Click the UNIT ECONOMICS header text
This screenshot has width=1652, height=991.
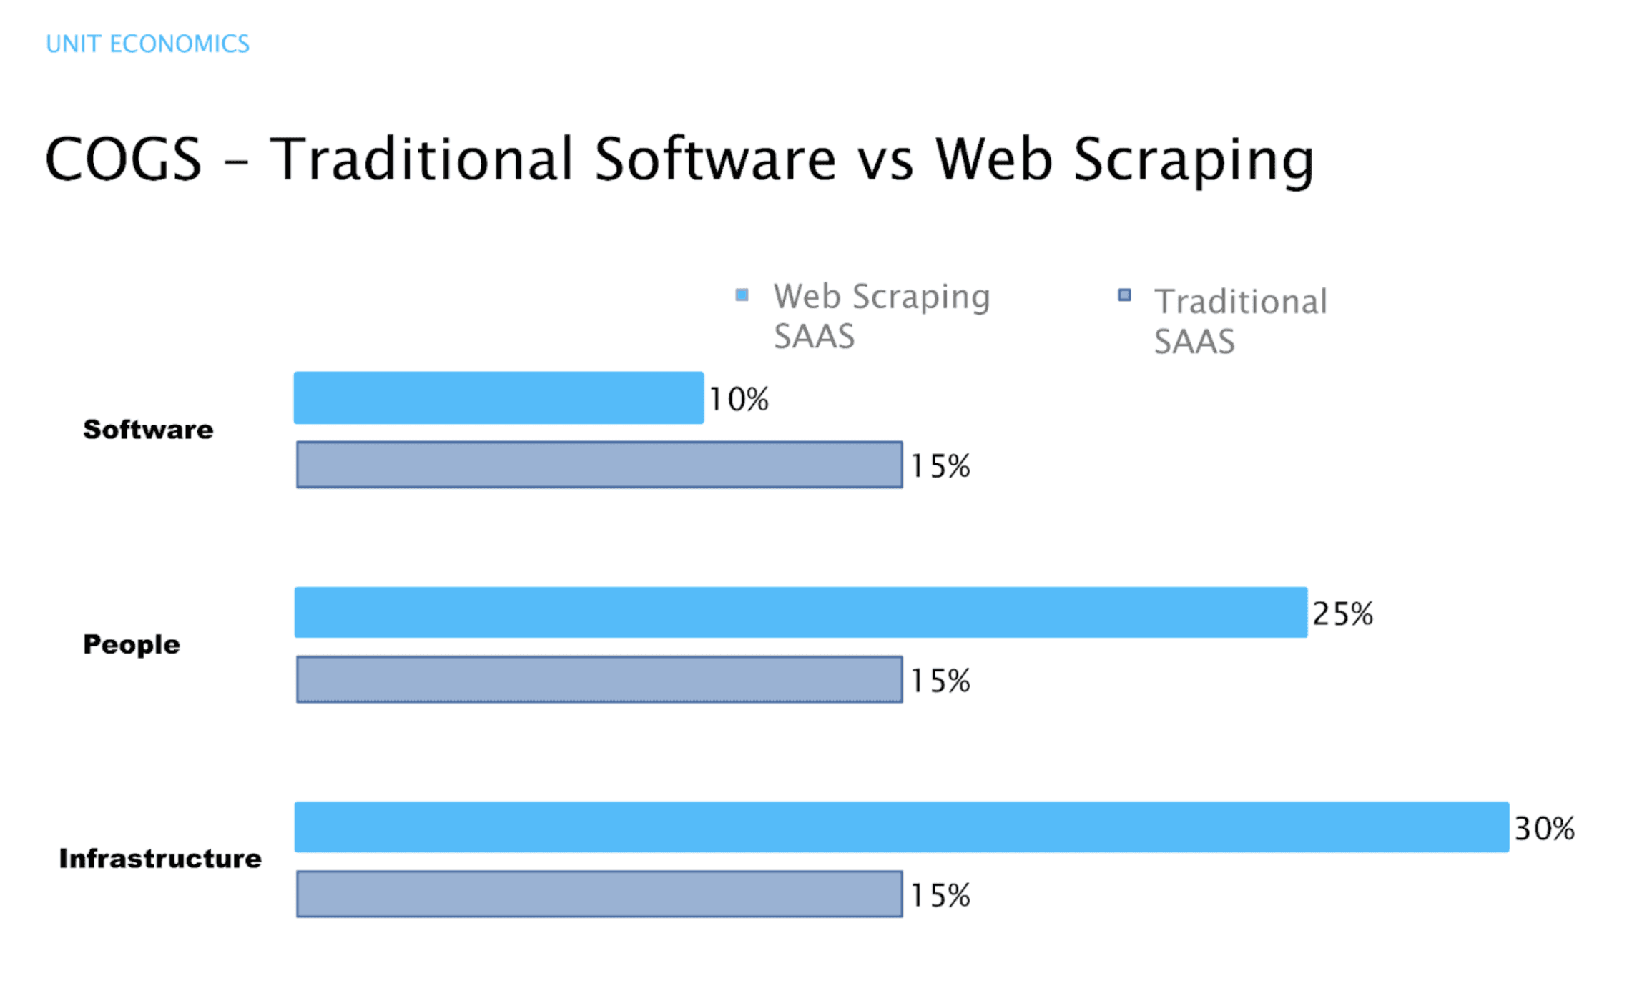tap(147, 44)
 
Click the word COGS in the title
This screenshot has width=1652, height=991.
tap(123, 159)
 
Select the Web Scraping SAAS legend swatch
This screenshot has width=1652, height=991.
tap(742, 295)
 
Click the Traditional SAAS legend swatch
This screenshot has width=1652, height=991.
tap(1124, 295)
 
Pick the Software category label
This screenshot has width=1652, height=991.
tap(148, 430)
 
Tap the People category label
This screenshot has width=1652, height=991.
tap(132, 644)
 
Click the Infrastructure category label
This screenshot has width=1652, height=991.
tap(160, 859)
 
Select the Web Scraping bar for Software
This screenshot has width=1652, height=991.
tap(498, 398)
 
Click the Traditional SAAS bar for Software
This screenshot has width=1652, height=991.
tap(599, 465)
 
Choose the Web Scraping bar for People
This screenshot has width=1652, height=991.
tap(800, 613)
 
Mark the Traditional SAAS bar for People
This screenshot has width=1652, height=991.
tap(599, 679)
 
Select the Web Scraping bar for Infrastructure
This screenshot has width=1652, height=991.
tap(901, 827)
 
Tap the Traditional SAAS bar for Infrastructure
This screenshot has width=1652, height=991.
tap(599, 894)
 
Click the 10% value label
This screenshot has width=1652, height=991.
tap(739, 399)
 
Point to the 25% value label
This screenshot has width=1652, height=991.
tap(1342, 614)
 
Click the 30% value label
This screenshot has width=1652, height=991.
tap(1544, 829)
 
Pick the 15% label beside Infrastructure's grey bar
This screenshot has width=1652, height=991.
tap(940, 895)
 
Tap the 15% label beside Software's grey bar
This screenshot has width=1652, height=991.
tap(940, 466)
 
